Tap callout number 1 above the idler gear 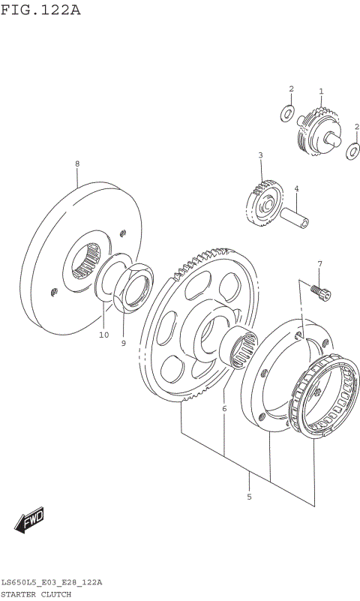click(x=321, y=92)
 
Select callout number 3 click(x=260, y=156)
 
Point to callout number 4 click(x=296, y=188)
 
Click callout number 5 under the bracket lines click(x=249, y=497)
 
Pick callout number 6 click(x=223, y=409)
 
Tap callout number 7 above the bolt click(x=319, y=264)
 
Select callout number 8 click(x=76, y=164)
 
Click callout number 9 click(x=124, y=343)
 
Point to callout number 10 click(x=103, y=335)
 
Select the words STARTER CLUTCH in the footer click(x=36, y=593)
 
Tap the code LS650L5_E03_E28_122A click(x=52, y=582)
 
